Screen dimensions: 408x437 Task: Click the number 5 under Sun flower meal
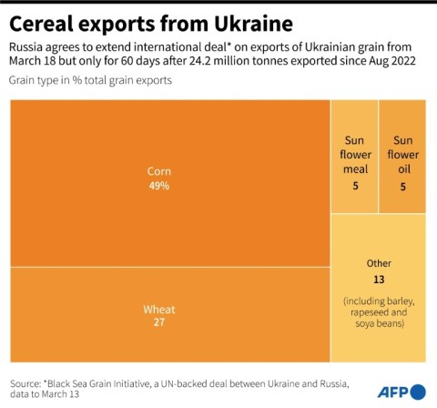[x=354, y=186]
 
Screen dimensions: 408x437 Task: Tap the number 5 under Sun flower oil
[x=401, y=186]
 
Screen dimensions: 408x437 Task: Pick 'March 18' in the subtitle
[x=36, y=61]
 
